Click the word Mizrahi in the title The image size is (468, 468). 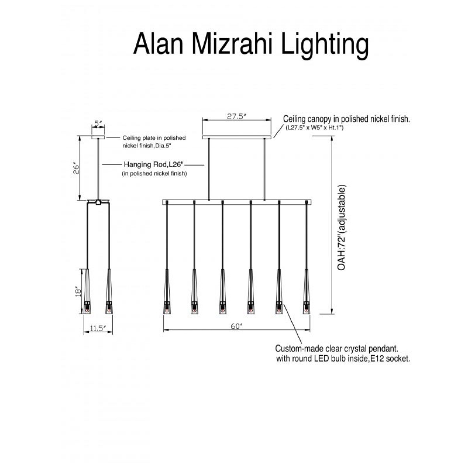[x=233, y=44]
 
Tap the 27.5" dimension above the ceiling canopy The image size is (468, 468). [x=237, y=117]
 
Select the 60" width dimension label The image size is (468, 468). [x=237, y=326]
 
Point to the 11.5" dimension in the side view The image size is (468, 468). [x=98, y=329]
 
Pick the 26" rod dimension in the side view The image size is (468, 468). [x=76, y=170]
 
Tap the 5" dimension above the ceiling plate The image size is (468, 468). [x=98, y=124]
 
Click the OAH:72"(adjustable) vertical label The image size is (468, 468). [x=341, y=228]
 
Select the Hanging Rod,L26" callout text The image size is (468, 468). [x=154, y=165]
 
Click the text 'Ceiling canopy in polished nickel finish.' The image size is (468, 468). [x=347, y=119]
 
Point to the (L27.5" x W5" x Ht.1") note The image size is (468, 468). [x=314, y=128]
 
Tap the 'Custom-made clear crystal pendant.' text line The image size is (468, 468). [x=337, y=349]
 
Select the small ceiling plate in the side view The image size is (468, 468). [x=98, y=137]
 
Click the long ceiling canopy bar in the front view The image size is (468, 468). [x=237, y=137]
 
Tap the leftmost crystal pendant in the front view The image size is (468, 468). [x=167, y=291]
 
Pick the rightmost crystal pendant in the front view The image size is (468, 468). [x=307, y=291]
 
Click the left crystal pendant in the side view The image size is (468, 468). [x=87, y=291]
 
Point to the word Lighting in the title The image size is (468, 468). [x=325, y=45]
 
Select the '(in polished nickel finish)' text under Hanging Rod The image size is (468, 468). [x=154, y=174]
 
